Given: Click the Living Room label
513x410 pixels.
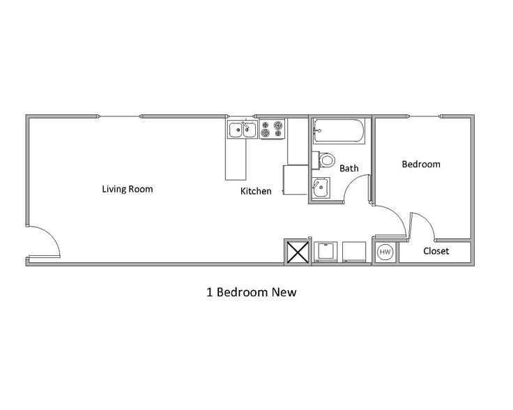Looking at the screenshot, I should click(128, 189).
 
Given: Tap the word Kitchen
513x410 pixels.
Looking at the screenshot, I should click(256, 191).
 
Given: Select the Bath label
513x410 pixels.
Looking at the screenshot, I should click(349, 168).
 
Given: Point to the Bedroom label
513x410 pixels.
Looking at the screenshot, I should click(421, 165).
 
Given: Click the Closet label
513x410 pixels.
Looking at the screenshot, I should click(436, 251).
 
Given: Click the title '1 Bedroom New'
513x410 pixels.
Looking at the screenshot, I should click(252, 292).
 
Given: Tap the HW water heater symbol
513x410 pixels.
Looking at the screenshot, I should click(385, 252).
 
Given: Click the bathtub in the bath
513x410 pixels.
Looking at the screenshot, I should click(338, 130).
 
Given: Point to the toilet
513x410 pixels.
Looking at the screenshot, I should click(326, 160).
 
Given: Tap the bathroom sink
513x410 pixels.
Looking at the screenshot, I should click(321, 188).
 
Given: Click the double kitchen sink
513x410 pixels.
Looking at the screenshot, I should click(243, 128).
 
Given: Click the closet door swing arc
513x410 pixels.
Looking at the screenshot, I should click(424, 225).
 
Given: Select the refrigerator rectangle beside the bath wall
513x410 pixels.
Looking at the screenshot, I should click(296, 180).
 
